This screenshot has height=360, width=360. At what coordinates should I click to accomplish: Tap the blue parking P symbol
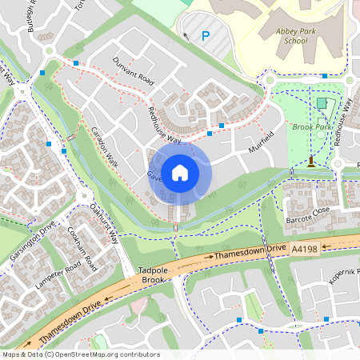(x=206, y=36)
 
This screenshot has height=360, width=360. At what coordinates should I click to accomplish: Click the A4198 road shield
(x=305, y=249)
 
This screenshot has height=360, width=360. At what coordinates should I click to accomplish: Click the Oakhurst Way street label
(x=104, y=224)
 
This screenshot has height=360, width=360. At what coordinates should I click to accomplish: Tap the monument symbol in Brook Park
(x=311, y=162)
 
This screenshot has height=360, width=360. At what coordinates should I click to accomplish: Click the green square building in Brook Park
(x=322, y=103)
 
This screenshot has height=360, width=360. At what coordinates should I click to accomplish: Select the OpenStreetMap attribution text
(x=80, y=354)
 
